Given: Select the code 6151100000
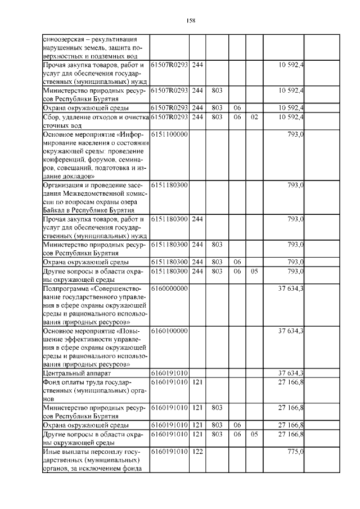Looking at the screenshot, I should pos(169,136).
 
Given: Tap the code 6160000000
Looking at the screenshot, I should pos(169,289).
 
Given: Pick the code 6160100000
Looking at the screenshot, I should pos(169,331).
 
